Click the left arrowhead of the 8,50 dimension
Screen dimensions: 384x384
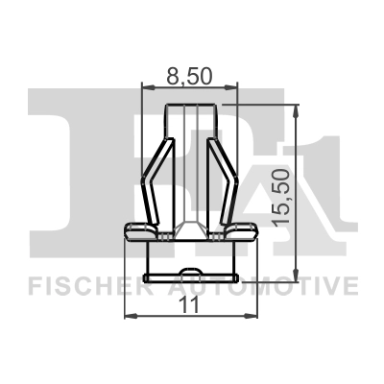[146, 86]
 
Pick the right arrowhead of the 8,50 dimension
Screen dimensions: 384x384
[234, 86]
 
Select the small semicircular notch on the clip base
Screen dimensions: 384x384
[191, 274]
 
